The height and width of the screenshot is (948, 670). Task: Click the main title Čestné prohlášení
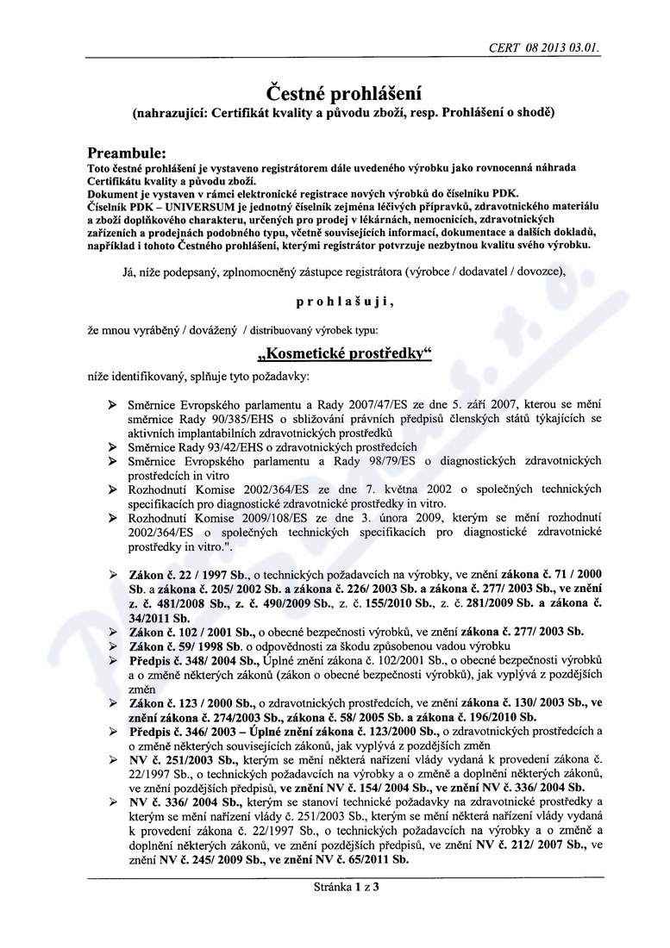[x=335, y=92]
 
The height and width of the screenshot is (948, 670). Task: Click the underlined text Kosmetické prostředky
[x=334, y=353]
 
